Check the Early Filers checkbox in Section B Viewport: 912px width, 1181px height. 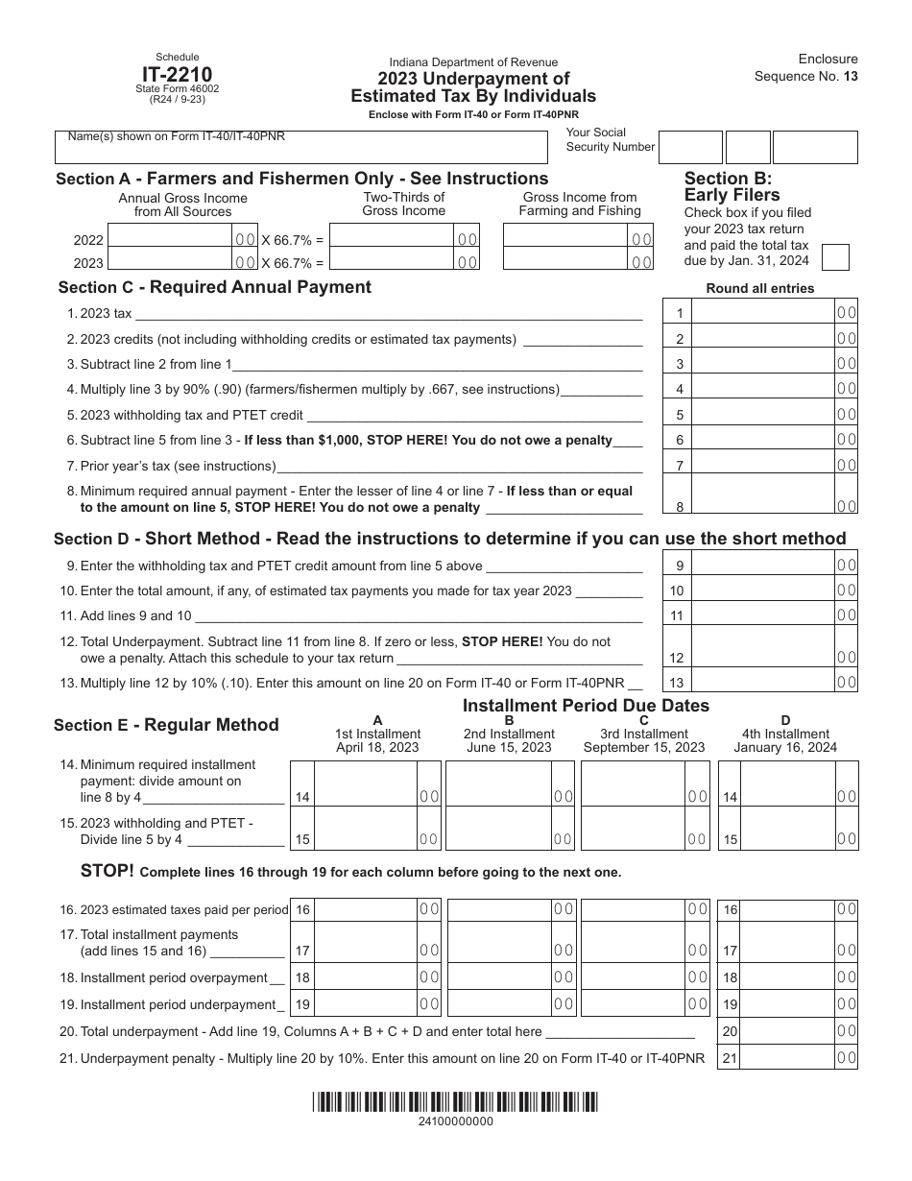(836, 257)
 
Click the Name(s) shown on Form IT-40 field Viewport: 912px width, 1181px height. (300, 148)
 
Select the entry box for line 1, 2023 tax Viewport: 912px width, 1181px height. (763, 312)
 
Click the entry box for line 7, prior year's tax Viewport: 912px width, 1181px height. (763, 465)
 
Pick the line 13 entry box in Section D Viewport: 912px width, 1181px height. (763, 682)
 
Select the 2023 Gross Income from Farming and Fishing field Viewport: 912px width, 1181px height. (566, 261)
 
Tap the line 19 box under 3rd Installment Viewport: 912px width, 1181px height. (634, 1004)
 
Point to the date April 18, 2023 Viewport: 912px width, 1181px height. (377, 748)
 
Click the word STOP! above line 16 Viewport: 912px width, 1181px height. (108, 871)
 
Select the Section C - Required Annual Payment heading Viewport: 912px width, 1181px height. (214, 287)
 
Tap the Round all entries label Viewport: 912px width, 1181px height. (759, 288)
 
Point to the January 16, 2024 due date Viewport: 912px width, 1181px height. (785, 748)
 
